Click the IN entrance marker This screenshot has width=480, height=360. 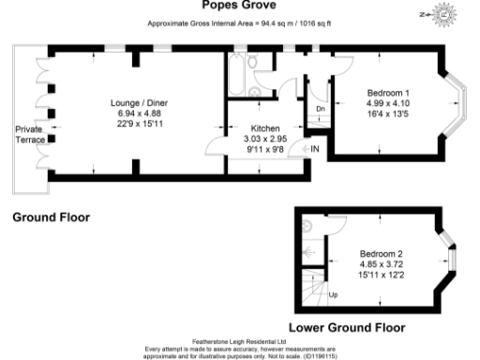[315, 149]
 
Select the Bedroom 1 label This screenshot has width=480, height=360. [387, 92]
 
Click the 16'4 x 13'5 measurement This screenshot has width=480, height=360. [387, 113]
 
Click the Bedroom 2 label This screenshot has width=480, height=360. [382, 255]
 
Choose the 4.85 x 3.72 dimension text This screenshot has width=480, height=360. [382, 265]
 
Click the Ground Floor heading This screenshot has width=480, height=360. [51, 217]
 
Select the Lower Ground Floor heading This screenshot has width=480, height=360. [347, 328]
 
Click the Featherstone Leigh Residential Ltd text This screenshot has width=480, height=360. [240, 342]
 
